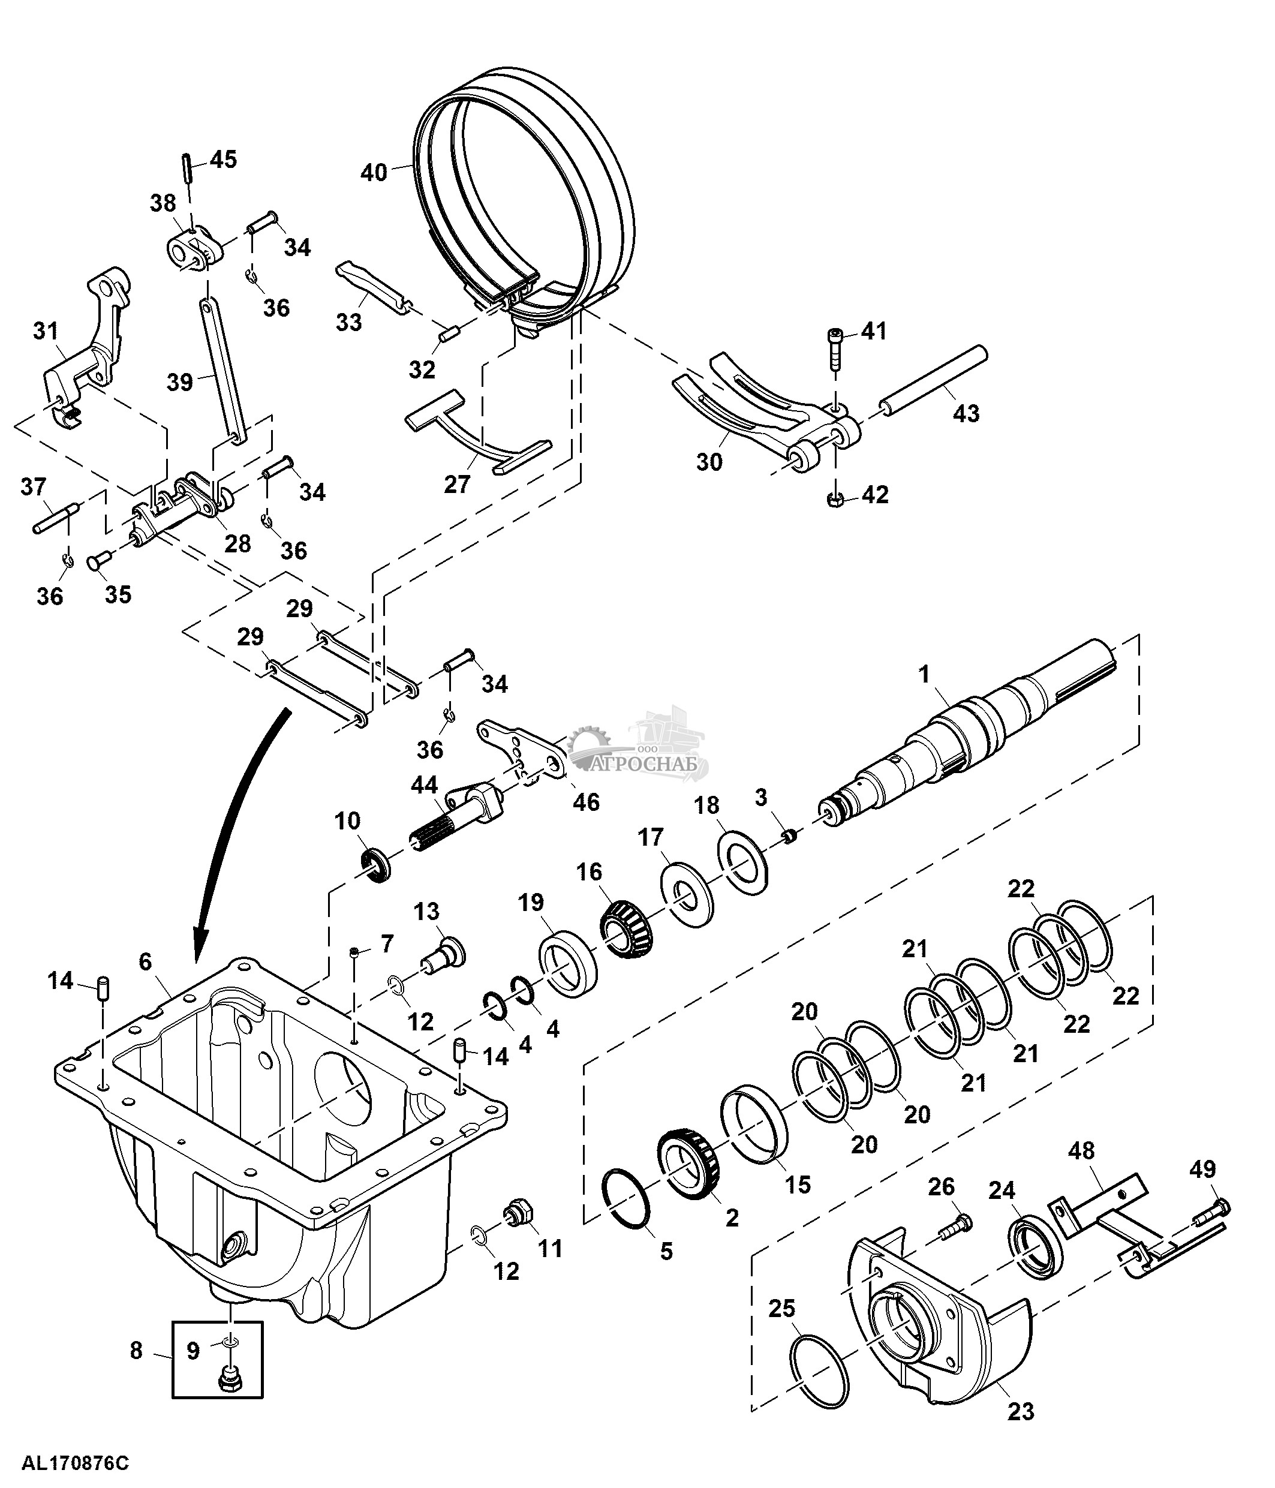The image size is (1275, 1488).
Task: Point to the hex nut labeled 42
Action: (835, 500)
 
